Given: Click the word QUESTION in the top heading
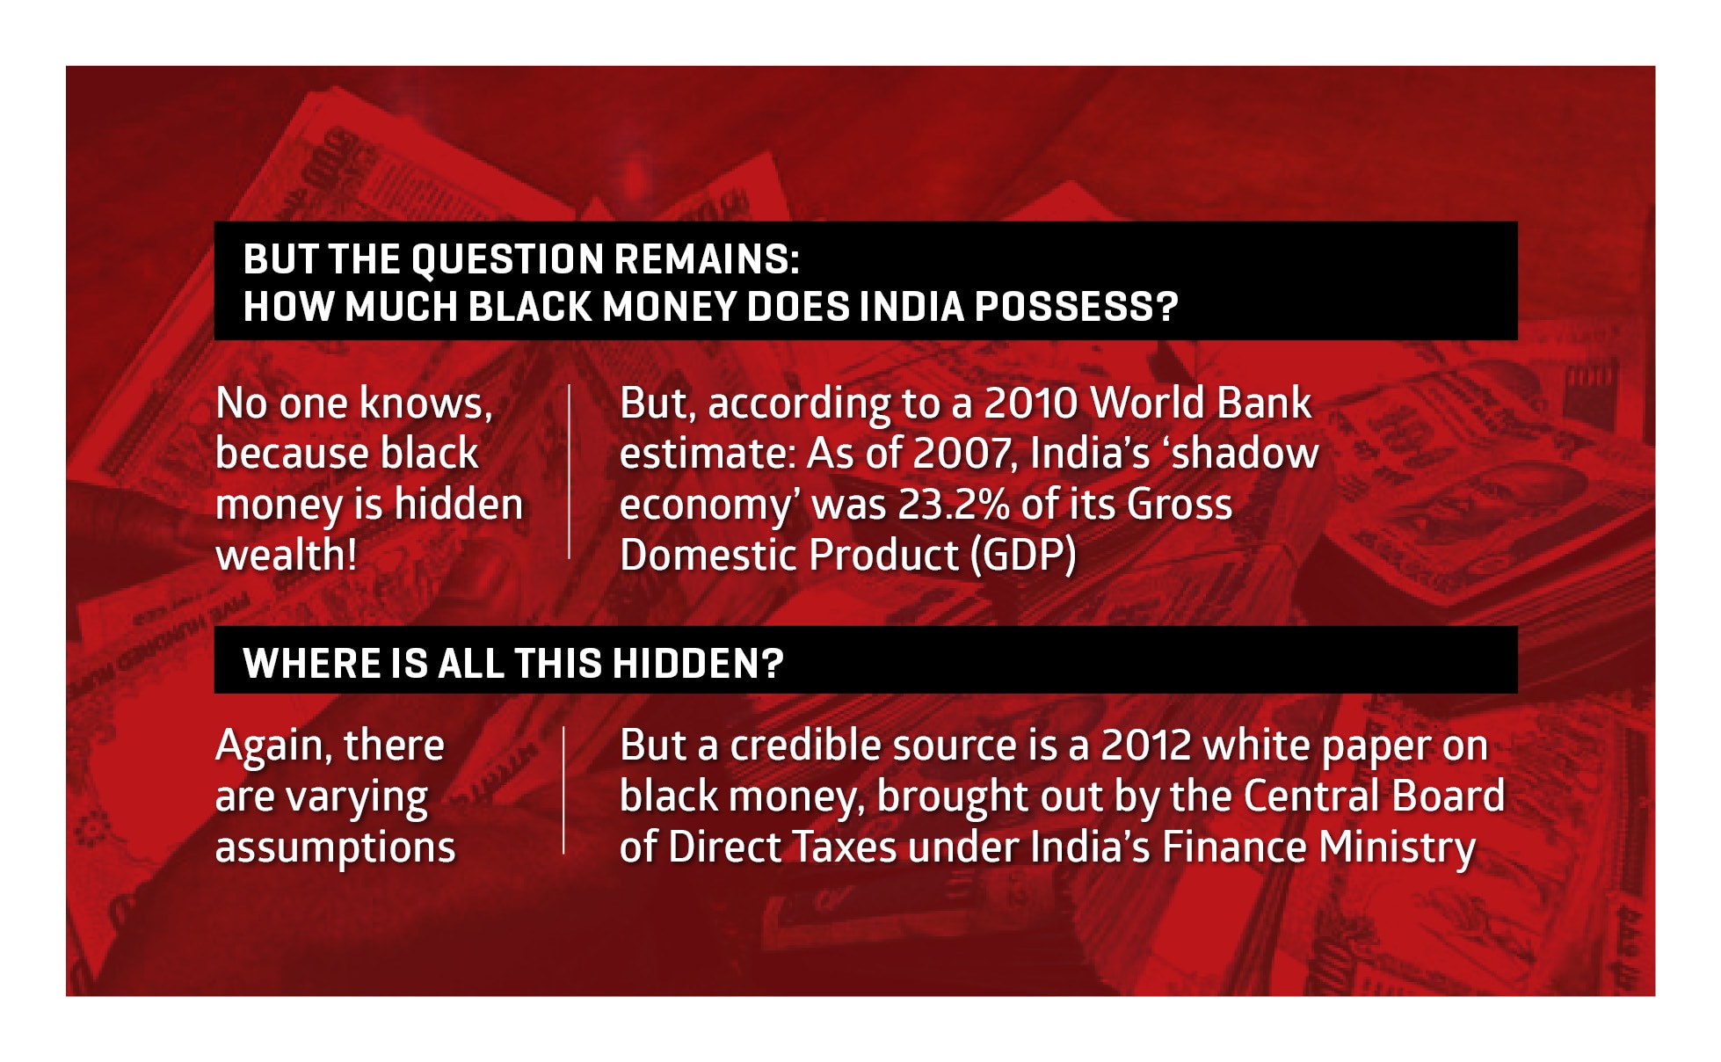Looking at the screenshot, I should coord(507,259).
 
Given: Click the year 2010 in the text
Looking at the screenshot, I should coord(1030,404).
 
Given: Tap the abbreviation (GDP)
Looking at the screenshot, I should coord(1023,556).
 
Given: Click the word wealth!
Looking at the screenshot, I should coord(287,556).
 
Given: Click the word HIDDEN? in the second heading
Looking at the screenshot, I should coord(697,663).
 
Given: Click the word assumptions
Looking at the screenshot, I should coord(335,847).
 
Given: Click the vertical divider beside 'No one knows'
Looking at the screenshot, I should coord(569,471).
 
